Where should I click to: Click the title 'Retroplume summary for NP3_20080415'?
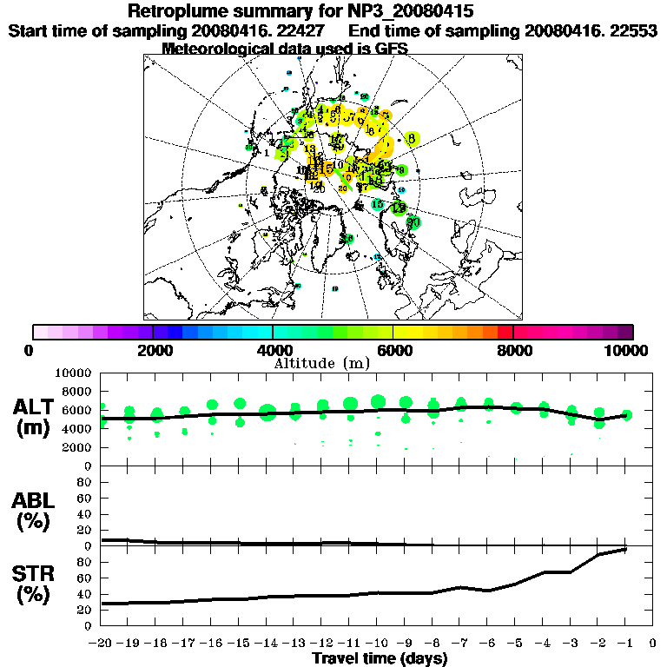click(x=300, y=11)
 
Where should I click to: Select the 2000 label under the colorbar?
click(x=153, y=350)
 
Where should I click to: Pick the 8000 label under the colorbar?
click(x=513, y=350)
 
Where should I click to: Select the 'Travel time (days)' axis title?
click(x=380, y=658)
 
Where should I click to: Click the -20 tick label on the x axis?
click(x=100, y=644)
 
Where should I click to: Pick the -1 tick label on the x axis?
click(x=624, y=644)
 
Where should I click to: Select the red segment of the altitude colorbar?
click(x=505, y=332)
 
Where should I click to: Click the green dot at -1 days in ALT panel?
click(x=626, y=415)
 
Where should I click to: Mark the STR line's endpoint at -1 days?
click(x=625, y=549)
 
